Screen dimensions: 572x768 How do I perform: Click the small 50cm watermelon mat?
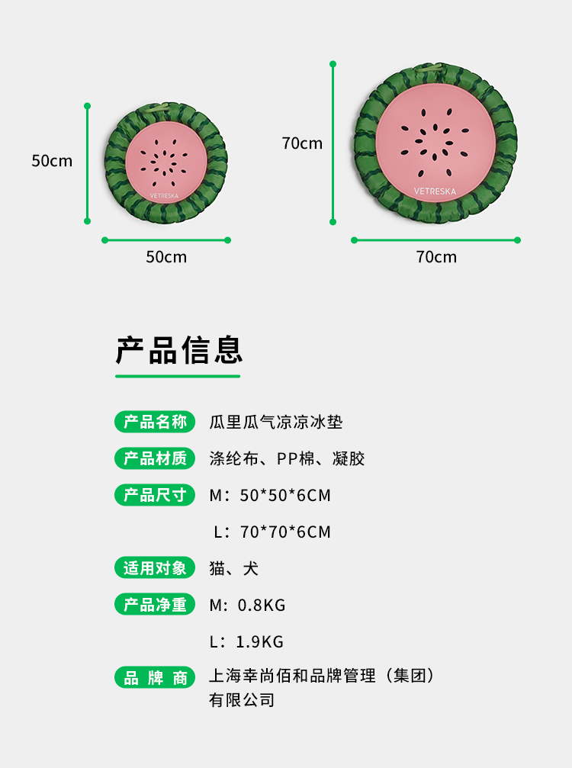[x=165, y=165]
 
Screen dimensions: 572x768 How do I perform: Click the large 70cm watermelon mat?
[x=435, y=144]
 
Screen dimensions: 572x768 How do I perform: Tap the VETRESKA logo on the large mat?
[x=435, y=191]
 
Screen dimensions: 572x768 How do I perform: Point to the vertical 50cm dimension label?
[x=52, y=161]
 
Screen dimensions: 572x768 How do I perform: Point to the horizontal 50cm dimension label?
[x=166, y=257]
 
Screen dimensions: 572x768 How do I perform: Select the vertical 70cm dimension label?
[x=302, y=143]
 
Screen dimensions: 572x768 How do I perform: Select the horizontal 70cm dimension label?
[x=436, y=257]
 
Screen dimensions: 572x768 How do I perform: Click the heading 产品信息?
[x=179, y=351]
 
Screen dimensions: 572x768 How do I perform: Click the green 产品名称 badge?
[x=155, y=422]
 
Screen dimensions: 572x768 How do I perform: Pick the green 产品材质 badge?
[x=155, y=458]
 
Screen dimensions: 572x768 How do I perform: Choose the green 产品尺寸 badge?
[x=155, y=495]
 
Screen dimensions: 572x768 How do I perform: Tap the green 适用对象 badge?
[x=155, y=568]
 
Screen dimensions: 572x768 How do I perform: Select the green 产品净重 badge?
[x=155, y=605]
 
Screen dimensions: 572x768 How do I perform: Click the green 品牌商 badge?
[x=155, y=677]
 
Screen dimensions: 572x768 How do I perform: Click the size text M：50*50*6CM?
[x=270, y=496]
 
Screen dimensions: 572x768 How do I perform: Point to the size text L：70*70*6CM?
[x=272, y=532]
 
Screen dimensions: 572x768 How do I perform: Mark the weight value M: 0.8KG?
[x=247, y=606]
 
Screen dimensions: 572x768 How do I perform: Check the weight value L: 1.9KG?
[x=246, y=642]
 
